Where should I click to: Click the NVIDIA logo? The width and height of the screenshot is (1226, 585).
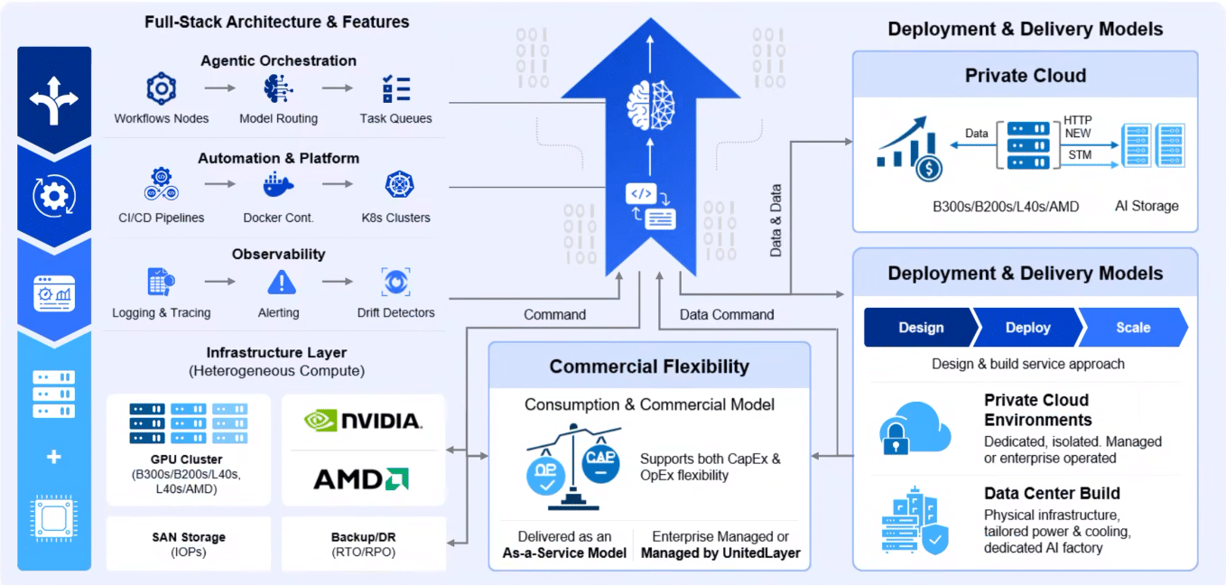point(363,421)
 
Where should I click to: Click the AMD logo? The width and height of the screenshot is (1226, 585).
point(361,478)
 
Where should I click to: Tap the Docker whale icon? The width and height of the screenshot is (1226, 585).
point(278,184)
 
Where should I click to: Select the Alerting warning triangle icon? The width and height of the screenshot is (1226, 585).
point(282,282)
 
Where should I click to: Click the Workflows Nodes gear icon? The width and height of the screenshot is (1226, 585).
point(161,88)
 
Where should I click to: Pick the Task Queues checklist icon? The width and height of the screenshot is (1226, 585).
point(395,88)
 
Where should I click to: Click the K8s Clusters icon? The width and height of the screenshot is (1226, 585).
point(400,184)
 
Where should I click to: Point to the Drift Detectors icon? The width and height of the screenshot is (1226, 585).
point(395,282)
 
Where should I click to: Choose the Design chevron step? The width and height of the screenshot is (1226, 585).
point(921,327)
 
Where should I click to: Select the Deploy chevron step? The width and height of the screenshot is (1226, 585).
point(1028,327)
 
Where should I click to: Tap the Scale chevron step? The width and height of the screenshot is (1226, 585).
point(1133,327)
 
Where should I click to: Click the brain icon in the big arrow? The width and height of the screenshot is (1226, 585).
point(650,106)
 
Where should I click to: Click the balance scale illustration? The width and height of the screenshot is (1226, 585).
point(573,466)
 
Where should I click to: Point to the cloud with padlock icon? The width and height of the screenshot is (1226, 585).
point(915,429)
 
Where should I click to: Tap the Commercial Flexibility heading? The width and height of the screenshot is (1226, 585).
point(649,367)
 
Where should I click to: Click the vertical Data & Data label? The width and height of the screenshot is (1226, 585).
point(776,220)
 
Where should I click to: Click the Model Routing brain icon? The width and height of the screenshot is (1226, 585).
point(278,88)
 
